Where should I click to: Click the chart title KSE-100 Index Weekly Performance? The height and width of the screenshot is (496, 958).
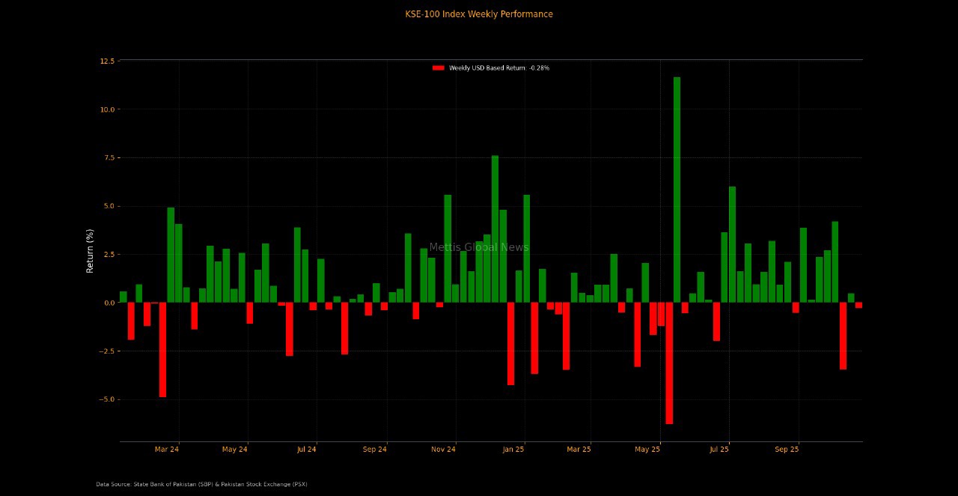479,14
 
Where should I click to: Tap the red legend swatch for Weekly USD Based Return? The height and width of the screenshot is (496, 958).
439,68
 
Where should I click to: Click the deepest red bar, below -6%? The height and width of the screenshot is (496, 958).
669,363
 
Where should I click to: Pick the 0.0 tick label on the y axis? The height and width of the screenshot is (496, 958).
109,303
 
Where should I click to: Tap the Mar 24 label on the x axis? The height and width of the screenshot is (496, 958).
166,450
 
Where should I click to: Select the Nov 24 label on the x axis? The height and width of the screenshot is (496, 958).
443,450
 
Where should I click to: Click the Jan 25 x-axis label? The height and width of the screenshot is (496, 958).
513,450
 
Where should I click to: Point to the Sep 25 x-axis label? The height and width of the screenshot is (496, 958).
787,450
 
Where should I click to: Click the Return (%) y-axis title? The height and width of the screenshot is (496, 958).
91,251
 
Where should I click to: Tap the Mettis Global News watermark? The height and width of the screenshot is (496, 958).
479,247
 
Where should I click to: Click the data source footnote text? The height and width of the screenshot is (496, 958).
201,484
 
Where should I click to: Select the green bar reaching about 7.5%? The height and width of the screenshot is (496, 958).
495,229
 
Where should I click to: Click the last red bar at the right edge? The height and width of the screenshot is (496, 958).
858,305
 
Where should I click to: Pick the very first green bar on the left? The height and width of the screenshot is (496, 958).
123,297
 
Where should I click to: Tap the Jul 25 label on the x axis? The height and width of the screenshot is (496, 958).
718,450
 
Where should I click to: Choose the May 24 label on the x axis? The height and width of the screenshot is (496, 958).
235,450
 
